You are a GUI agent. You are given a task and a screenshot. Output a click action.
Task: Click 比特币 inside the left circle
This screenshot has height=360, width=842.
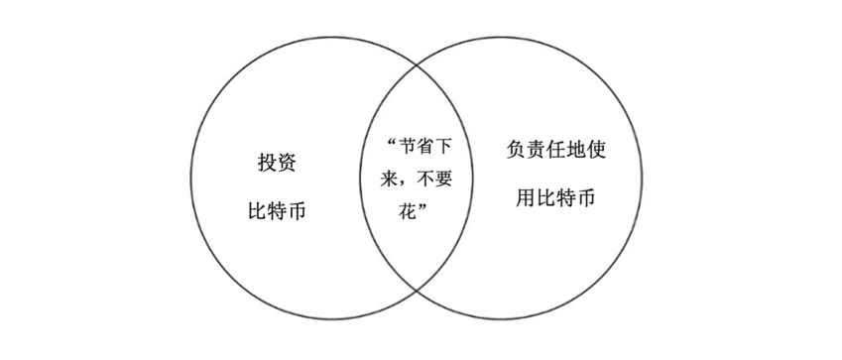(x=275, y=211)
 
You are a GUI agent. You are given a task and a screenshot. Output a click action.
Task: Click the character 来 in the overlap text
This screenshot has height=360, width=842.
(x=394, y=178)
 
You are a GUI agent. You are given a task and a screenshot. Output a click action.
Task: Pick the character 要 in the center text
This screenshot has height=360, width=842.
(x=447, y=178)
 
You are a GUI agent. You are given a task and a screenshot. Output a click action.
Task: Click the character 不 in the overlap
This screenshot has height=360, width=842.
(x=426, y=178)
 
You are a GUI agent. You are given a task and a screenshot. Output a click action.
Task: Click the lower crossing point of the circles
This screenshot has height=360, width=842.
(x=415, y=287)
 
